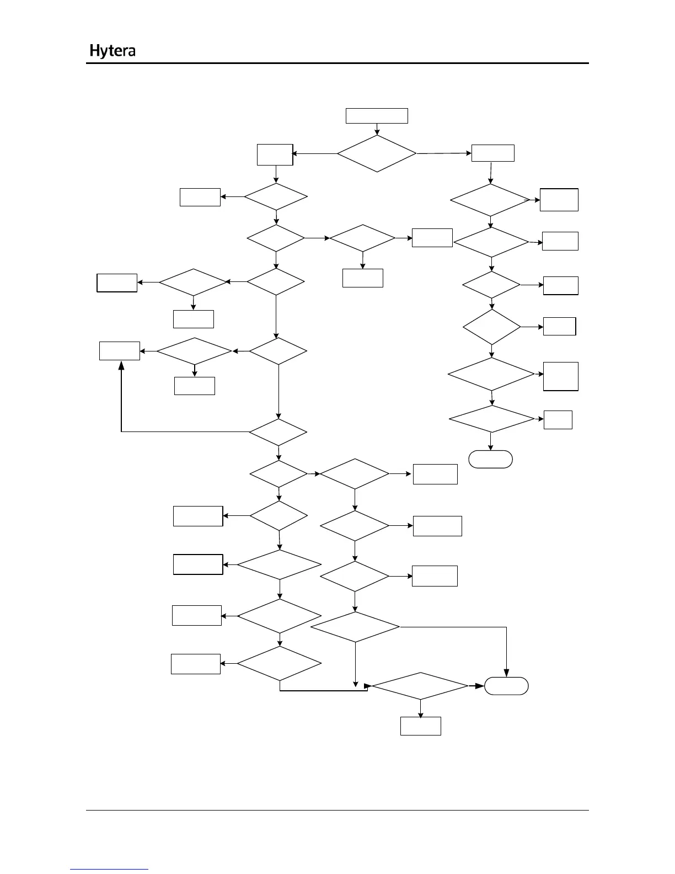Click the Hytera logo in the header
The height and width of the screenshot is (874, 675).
click(113, 51)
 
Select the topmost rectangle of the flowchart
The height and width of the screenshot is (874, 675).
click(377, 116)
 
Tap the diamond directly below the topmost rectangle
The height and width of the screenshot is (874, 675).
click(377, 153)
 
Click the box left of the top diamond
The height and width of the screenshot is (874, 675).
click(275, 154)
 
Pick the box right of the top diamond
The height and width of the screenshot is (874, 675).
click(492, 153)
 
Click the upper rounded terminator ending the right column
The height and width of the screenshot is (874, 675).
click(490, 459)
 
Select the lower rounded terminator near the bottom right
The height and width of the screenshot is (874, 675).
click(506, 686)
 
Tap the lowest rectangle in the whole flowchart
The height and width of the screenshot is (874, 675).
click(420, 726)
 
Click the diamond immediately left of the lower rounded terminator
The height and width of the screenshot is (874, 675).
click(420, 686)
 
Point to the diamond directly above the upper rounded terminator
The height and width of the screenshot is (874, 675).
click(491, 419)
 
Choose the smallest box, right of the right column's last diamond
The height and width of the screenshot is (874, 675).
click(558, 420)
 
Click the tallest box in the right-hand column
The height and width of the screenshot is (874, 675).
click(560, 376)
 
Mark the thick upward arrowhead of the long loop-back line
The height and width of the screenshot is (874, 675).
click(121, 365)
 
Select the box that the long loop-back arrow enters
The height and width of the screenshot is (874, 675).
click(119, 351)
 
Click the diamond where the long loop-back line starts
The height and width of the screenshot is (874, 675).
click(278, 432)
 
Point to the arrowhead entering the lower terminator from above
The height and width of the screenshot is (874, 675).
click(506, 674)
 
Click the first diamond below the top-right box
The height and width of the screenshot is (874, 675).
click(490, 200)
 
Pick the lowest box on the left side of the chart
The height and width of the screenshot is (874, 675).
click(196, 664)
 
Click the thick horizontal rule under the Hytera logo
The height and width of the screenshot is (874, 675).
click(337, 63)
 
